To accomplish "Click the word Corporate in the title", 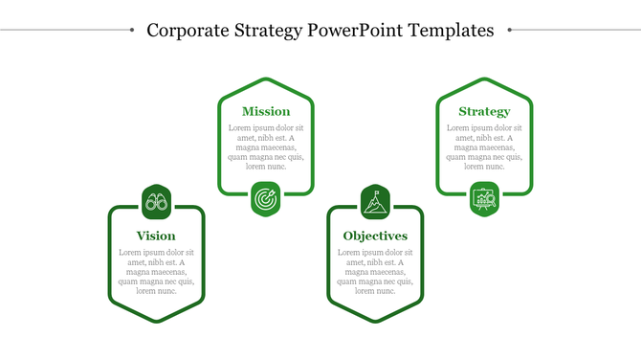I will pos(188,31).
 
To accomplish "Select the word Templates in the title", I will pos(451,31).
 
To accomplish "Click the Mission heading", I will pos(266,112).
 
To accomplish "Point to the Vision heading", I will pos(156,236).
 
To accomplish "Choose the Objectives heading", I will pos(375,236).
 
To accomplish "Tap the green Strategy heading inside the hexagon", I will pos(484,112).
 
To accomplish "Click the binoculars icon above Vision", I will pos(156,202).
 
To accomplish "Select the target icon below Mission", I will pos(266,199).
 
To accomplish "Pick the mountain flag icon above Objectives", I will pos(375,202).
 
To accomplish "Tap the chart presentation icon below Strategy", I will pos(484,199).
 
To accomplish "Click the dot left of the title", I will pos(131,30).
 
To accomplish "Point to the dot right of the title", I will pos(510,30).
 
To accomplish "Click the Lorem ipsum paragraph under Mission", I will pos(266,147).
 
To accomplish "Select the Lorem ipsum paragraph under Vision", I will pos(156,271).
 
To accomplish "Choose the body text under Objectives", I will pos(375,271).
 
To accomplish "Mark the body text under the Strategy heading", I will pos(484,147).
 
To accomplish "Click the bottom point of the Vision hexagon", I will pos(156,322).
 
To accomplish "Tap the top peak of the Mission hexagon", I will pos(266,79).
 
